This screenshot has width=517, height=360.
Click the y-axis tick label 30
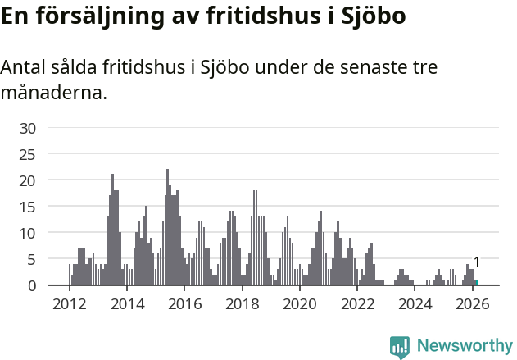click(x=28, y=128)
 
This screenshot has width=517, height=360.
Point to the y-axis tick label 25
click(x=28, y=154)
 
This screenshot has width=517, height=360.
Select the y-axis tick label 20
click(x=28, y=180)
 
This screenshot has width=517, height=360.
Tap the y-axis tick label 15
click(x=28, y=207)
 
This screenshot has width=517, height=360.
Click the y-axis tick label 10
click(x=28, y=233)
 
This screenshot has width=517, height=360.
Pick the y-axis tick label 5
click(x=32, y=259)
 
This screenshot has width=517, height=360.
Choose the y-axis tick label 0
click(x=32, y=285)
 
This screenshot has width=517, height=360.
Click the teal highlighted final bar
click(x=476, y=283)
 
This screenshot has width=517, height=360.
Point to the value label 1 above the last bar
click(x=476, y=262)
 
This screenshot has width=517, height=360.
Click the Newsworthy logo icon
click(x=400, y=347)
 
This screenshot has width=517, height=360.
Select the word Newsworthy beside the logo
click(x=465, y=346)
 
